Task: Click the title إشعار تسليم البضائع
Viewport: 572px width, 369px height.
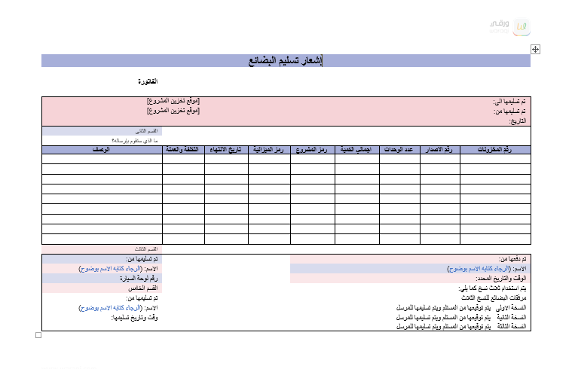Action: [286, 60]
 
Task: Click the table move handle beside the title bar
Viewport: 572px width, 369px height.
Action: [535, 49]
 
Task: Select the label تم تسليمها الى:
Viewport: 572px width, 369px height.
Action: [510, 101]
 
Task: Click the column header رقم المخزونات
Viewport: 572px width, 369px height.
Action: [495, 149]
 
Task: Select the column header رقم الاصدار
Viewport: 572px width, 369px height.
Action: [439, 149]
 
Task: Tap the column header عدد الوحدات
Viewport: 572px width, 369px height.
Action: [399, 149]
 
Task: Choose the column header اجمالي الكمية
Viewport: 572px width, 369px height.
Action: [356, 149]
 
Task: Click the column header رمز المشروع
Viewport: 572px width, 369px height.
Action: [313, 149]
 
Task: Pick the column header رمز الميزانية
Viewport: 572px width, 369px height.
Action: [269, 149]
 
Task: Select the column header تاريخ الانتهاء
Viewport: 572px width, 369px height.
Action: [226, 149]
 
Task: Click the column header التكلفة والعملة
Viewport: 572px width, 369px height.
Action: [183, 149]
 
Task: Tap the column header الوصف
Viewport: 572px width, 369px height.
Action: [102, 149]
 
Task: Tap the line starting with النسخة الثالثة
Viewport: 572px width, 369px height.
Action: [461, 327]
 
